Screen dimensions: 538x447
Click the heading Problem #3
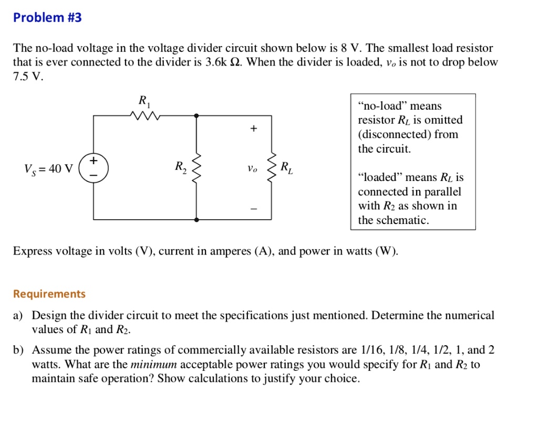pyautogui.click(x=47, y=18)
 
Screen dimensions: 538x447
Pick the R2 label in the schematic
pyautogui.click(x=180, y=167)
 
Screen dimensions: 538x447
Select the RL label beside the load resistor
pyautogui.click(x=287, y=168)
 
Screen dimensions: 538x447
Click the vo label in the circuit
pyautogui.click(x=253, y=169)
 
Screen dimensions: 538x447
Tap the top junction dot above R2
pyautogui.click(x=196, y=115)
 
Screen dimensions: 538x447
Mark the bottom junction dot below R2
pyautogui.click(x=196, y=219)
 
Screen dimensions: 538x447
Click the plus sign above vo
pyautogui.click(x=253, y=128)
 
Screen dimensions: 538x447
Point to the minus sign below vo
pyautogui.click(x=253, y=209)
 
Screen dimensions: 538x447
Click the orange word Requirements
pyautogui.click(x=49, y=294)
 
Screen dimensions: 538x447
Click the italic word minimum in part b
pyautogui.click(x=153, y=364)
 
